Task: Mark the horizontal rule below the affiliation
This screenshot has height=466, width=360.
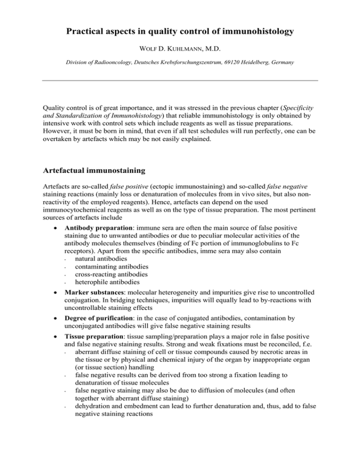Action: [x=180, y=81]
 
